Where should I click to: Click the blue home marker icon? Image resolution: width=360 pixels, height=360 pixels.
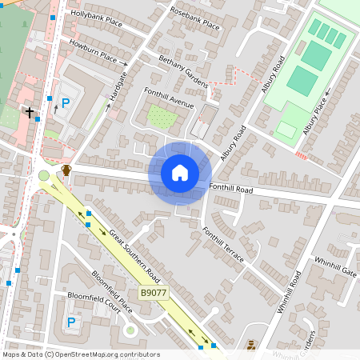click(x=180, y=173)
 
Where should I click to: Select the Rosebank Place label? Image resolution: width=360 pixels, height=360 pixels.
click(x=194, y=18)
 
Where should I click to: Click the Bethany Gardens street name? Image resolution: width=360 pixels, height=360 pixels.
click(x=182, y=70)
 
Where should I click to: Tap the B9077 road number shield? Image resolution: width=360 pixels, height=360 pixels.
click(x=154, y=293)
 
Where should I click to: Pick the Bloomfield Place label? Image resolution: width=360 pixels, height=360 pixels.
click(x=111, y=290)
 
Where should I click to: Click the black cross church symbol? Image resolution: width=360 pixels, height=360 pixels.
click(x=30, y=112)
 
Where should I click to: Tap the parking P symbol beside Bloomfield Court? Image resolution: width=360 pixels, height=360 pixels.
click(x=70, y=322)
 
